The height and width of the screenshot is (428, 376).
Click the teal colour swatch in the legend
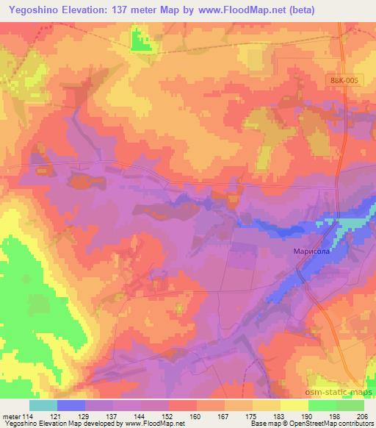coord(43,404)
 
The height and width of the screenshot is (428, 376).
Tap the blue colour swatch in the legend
coord(71,404)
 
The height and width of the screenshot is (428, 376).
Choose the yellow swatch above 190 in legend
coord(294,404)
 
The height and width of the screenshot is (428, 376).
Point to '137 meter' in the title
coord(153,10)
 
